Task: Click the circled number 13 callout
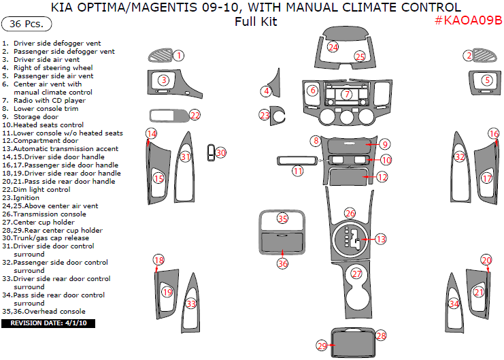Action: point(381,239)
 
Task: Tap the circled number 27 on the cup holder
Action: point(357,274)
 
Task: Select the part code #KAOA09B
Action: point(467,21)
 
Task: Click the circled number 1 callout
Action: point(178,55)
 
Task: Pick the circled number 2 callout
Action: point(469,55)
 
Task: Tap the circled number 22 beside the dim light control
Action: point(195,115)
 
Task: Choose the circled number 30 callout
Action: point(221,153)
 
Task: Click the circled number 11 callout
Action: point(298,171)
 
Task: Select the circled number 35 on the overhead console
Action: point(283,218)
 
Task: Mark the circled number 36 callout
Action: point(283,263)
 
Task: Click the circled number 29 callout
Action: point(322,346)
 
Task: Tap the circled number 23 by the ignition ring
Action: point(265,115)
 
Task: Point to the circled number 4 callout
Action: point(267,91)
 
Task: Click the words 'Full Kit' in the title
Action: point(251,21)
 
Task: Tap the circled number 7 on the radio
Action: point(347,94)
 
